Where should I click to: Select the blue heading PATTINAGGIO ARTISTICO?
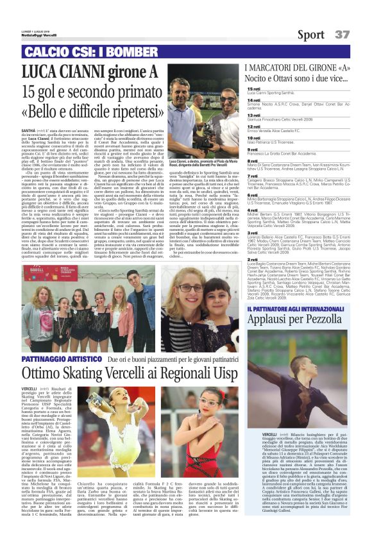pos(61,359)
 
